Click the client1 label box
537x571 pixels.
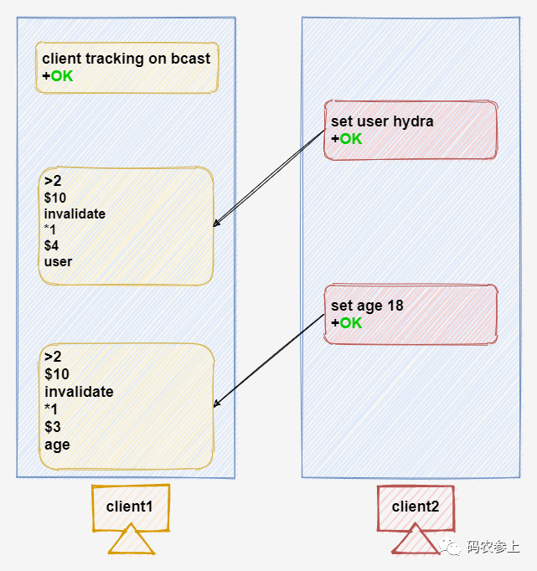[x=130, y=507]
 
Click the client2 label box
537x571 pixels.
[x=416, y=507]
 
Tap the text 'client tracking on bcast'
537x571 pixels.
[x=126, y=59]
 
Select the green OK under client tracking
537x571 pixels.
[x=61, y=76]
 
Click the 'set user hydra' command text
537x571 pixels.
[x=382, y=121]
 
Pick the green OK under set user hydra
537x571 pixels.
[x=350, y=139]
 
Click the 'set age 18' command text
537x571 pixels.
[x=367, y=306]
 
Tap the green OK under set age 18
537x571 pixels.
[x=350, y=322]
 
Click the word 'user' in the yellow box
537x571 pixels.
[x=58, y=261]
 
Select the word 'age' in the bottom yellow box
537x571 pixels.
[x=57, y=445]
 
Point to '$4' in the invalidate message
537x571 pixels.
[x=52, y=245]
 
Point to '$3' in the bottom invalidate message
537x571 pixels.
[x=53, y=428]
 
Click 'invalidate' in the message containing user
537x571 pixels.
[x=75, y=213]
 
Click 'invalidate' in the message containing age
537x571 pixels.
[x=79, y=392]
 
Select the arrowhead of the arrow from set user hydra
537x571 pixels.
[x=217, y=224]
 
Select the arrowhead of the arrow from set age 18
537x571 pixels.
[x=217, y=404]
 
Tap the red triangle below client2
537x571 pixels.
[x=416, y=541]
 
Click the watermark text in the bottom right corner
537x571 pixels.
[x=493, y=548]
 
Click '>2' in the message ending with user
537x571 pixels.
[x=53, y=181]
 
